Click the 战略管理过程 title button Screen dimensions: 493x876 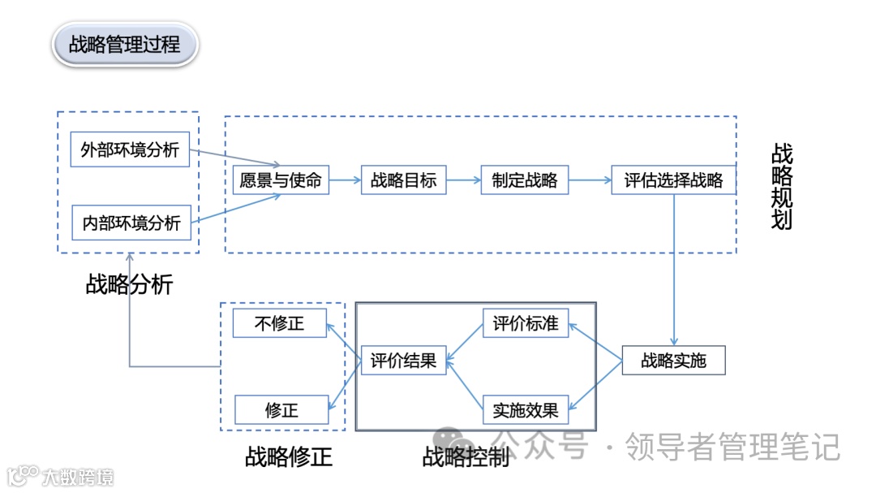(125, 43)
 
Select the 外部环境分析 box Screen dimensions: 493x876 (130, 149)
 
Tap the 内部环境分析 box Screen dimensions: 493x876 (131, 222)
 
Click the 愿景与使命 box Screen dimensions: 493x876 (281, 179)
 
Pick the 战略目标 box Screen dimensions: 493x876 (403, 179)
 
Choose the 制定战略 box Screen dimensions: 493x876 (524, 179)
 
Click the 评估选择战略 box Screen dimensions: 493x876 (673, 179)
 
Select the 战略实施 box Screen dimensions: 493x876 (673, 360)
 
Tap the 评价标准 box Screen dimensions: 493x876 (526, 322)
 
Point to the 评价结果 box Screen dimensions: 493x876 (403, 360)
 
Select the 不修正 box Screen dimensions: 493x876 (279, 322)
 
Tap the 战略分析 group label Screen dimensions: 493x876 (129, 284)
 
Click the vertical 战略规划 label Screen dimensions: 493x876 (782, 187)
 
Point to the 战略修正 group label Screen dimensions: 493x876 (289, 456)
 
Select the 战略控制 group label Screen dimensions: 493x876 (466, 456)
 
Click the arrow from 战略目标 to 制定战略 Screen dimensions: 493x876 (463, 180)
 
